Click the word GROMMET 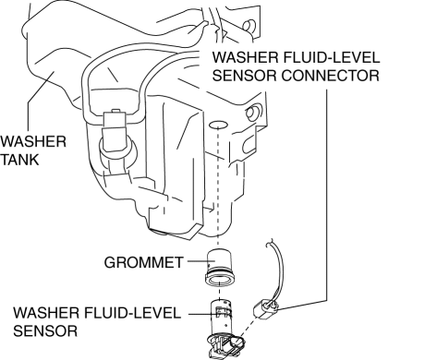[x=143, y=262]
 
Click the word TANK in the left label [x=19, y=160]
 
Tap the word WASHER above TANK [x=33, y=141]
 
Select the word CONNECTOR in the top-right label [x=330, y=76]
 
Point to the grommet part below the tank [x=220, y=267]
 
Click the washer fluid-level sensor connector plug [x=265, y=309]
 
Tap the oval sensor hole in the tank [x=218, y=125]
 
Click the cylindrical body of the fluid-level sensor [x=221, y=316]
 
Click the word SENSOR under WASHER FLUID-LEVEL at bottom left [x=45, y=331]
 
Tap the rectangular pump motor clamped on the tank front [x=115, y=131]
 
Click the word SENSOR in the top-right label [x=245, y=76]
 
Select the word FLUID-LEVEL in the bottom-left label [x=132, y=313]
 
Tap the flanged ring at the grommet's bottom [x=220, y=279]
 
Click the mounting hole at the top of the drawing [x=249, y=26]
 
